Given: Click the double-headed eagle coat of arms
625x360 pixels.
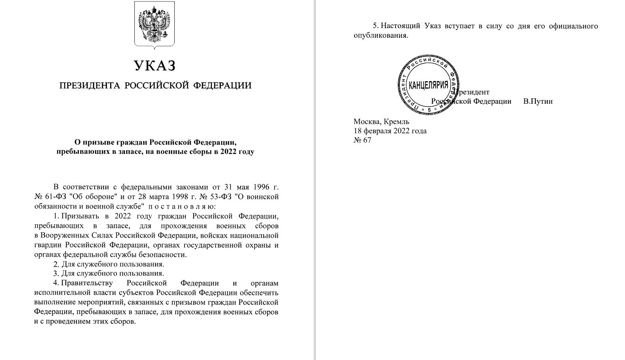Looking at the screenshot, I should pyautogui.click(x=155, y=25).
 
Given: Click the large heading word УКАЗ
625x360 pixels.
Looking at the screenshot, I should pyautogui.click(x=155, y=65).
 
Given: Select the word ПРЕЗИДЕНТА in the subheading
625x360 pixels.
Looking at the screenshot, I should pyautogui.click(x=90, y=86).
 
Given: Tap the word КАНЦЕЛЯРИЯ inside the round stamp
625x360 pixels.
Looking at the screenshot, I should pyautogui.click(x=428, y=85).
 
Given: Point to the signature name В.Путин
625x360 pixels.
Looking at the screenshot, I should pyautogui.click(x=538, y=101).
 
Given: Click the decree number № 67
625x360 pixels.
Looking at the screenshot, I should pyautogui.click(x=362, y=140).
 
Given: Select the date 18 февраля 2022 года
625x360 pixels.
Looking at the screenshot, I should pyautogui.click(x=390, y=131).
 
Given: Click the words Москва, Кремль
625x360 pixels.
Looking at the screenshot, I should pyautogui.click(x=381, y=121).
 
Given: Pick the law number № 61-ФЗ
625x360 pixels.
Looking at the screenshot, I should pyautogui.click(x=49, y=196).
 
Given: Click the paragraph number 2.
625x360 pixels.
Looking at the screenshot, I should pyautogui.click(x=56, y=264).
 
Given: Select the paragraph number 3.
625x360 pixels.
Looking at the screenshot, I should pyautogui.click(x=56, y=273).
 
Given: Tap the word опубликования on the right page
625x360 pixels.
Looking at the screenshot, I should pyautogui.click(x=380, y=35).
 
